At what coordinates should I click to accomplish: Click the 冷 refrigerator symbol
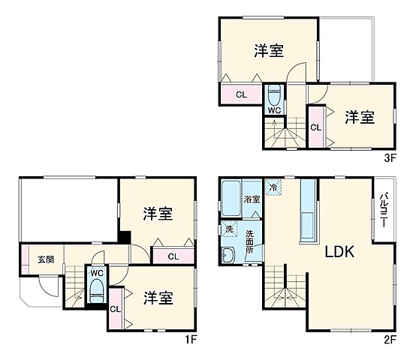273,187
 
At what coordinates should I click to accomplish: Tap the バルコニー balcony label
383,211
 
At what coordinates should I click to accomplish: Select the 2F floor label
390,340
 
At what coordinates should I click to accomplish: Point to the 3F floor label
390,158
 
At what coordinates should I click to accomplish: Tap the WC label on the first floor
97,273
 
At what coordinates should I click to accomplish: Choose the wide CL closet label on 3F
241,94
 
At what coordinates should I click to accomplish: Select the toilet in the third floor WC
274,94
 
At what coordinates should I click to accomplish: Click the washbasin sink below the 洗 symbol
228,256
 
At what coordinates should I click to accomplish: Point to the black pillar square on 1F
124,238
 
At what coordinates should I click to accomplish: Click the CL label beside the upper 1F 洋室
173,256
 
